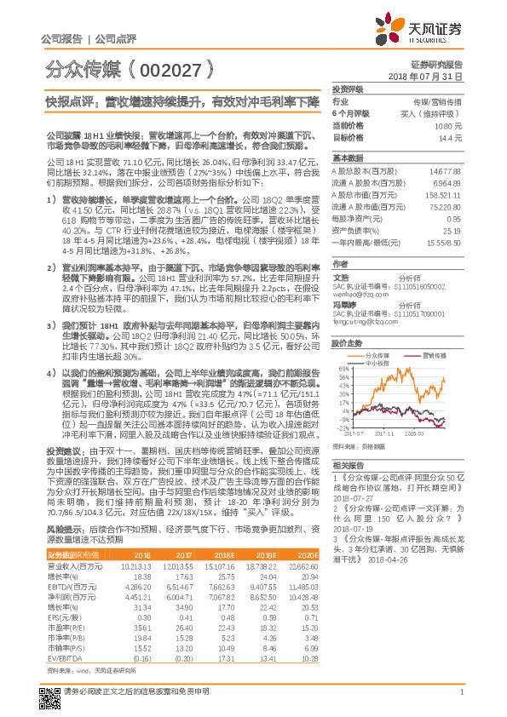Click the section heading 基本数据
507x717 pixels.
(x=348, y=158)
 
